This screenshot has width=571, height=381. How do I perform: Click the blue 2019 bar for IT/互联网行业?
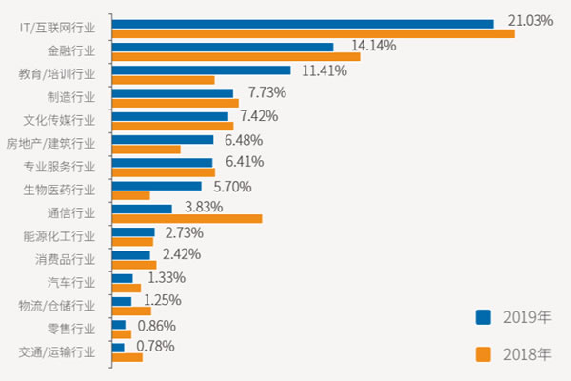tap(303, 24)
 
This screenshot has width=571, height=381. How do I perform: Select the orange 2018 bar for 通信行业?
tap(187, 219)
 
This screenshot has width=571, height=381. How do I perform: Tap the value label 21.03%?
tap(530, 20)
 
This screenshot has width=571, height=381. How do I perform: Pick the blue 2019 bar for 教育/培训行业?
tap(201, 70)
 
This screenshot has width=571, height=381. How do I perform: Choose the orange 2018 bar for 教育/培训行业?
tap(163, 80)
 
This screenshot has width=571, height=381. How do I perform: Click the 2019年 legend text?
tap(526, 316)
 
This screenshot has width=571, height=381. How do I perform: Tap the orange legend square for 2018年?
tap(483, 354)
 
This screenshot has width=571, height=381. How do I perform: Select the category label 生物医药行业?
tap(59, 190)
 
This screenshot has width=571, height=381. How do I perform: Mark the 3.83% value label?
tap(204, 207)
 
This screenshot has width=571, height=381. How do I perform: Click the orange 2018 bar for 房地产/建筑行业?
tap(146, 150)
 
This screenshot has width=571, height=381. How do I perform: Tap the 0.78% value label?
tap(155, 346)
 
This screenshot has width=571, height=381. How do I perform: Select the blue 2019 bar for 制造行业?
tap(172, 93)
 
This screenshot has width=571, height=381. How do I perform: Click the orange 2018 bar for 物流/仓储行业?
tap(131, 311)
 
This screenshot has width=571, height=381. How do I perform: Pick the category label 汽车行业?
tap(71, 282)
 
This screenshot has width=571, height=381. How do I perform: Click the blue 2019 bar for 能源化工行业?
tap(133, 231)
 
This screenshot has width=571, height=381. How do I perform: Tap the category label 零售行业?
tap(71, 329)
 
